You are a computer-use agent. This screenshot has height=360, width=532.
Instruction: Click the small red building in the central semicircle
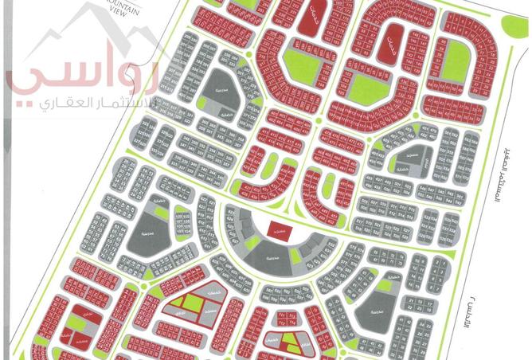tap(278, 229)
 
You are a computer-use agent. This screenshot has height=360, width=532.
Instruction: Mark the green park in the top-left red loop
tap(301, 65)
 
